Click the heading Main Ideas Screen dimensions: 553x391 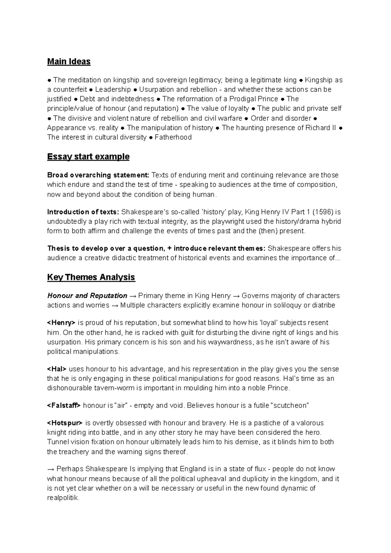coord(69,62)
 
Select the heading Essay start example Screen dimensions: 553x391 coord(88,157)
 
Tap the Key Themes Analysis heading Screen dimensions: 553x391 coord(91,277)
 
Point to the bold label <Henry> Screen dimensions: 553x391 coord(61,323)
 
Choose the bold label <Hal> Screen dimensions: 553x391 coord(57,369)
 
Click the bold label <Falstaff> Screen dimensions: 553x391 coord(64,405)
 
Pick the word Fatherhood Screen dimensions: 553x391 coord(173,137)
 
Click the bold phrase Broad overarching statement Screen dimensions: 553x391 coord(98,175)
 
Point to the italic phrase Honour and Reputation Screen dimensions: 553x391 coord(87,296)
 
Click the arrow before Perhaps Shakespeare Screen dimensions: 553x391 coord(51,469)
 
